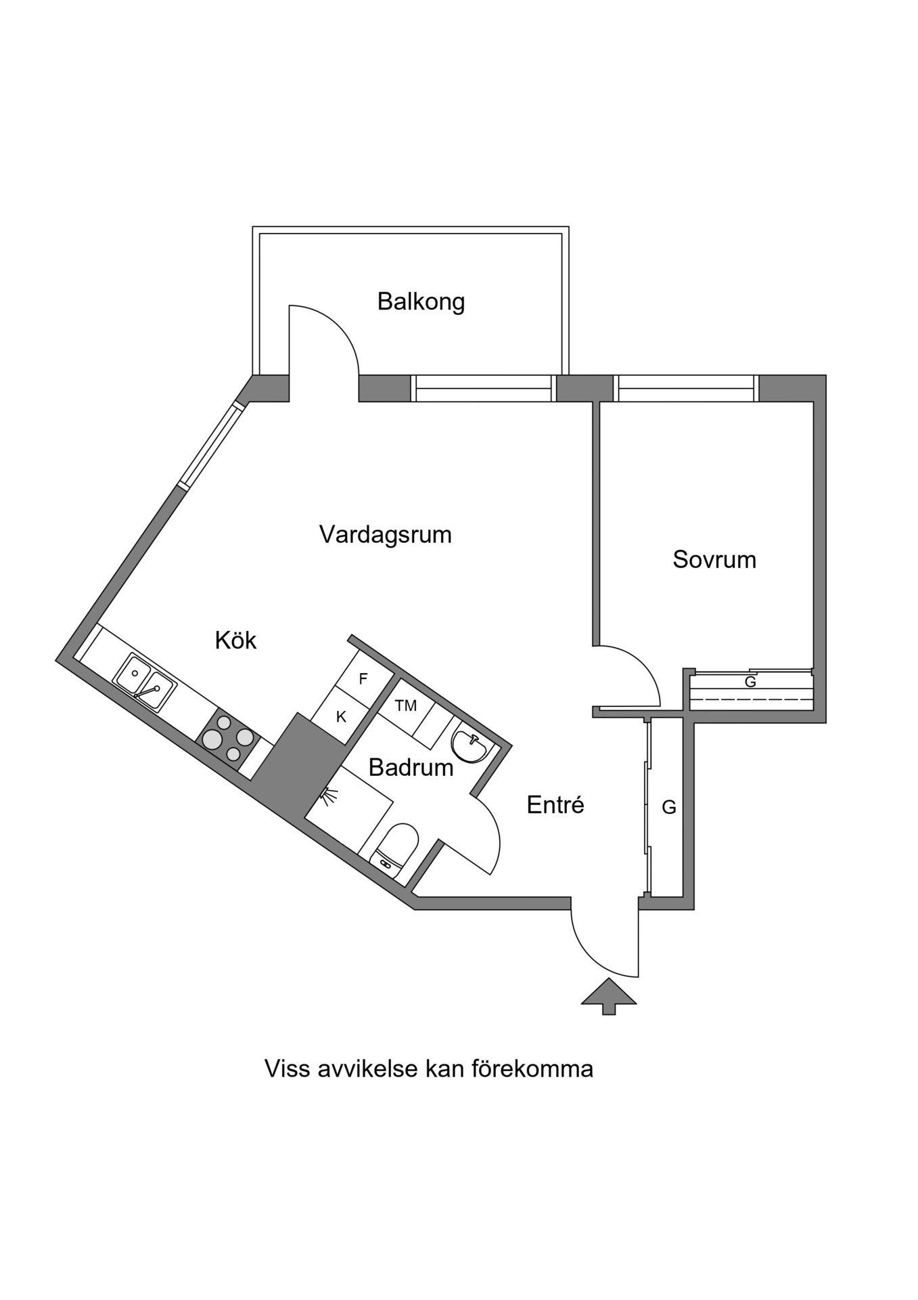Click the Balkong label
[421, 301]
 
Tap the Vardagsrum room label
[385, 535]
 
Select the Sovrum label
[714, 560]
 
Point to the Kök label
[235, 640]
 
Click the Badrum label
[411, 768]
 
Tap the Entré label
[555, 805]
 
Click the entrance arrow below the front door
[609, 995]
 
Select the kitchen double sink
[145, 682]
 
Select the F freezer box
[363, 679]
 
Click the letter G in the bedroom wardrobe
[750, 682]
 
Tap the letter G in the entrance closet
[668, 807]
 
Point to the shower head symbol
[329, 797]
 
